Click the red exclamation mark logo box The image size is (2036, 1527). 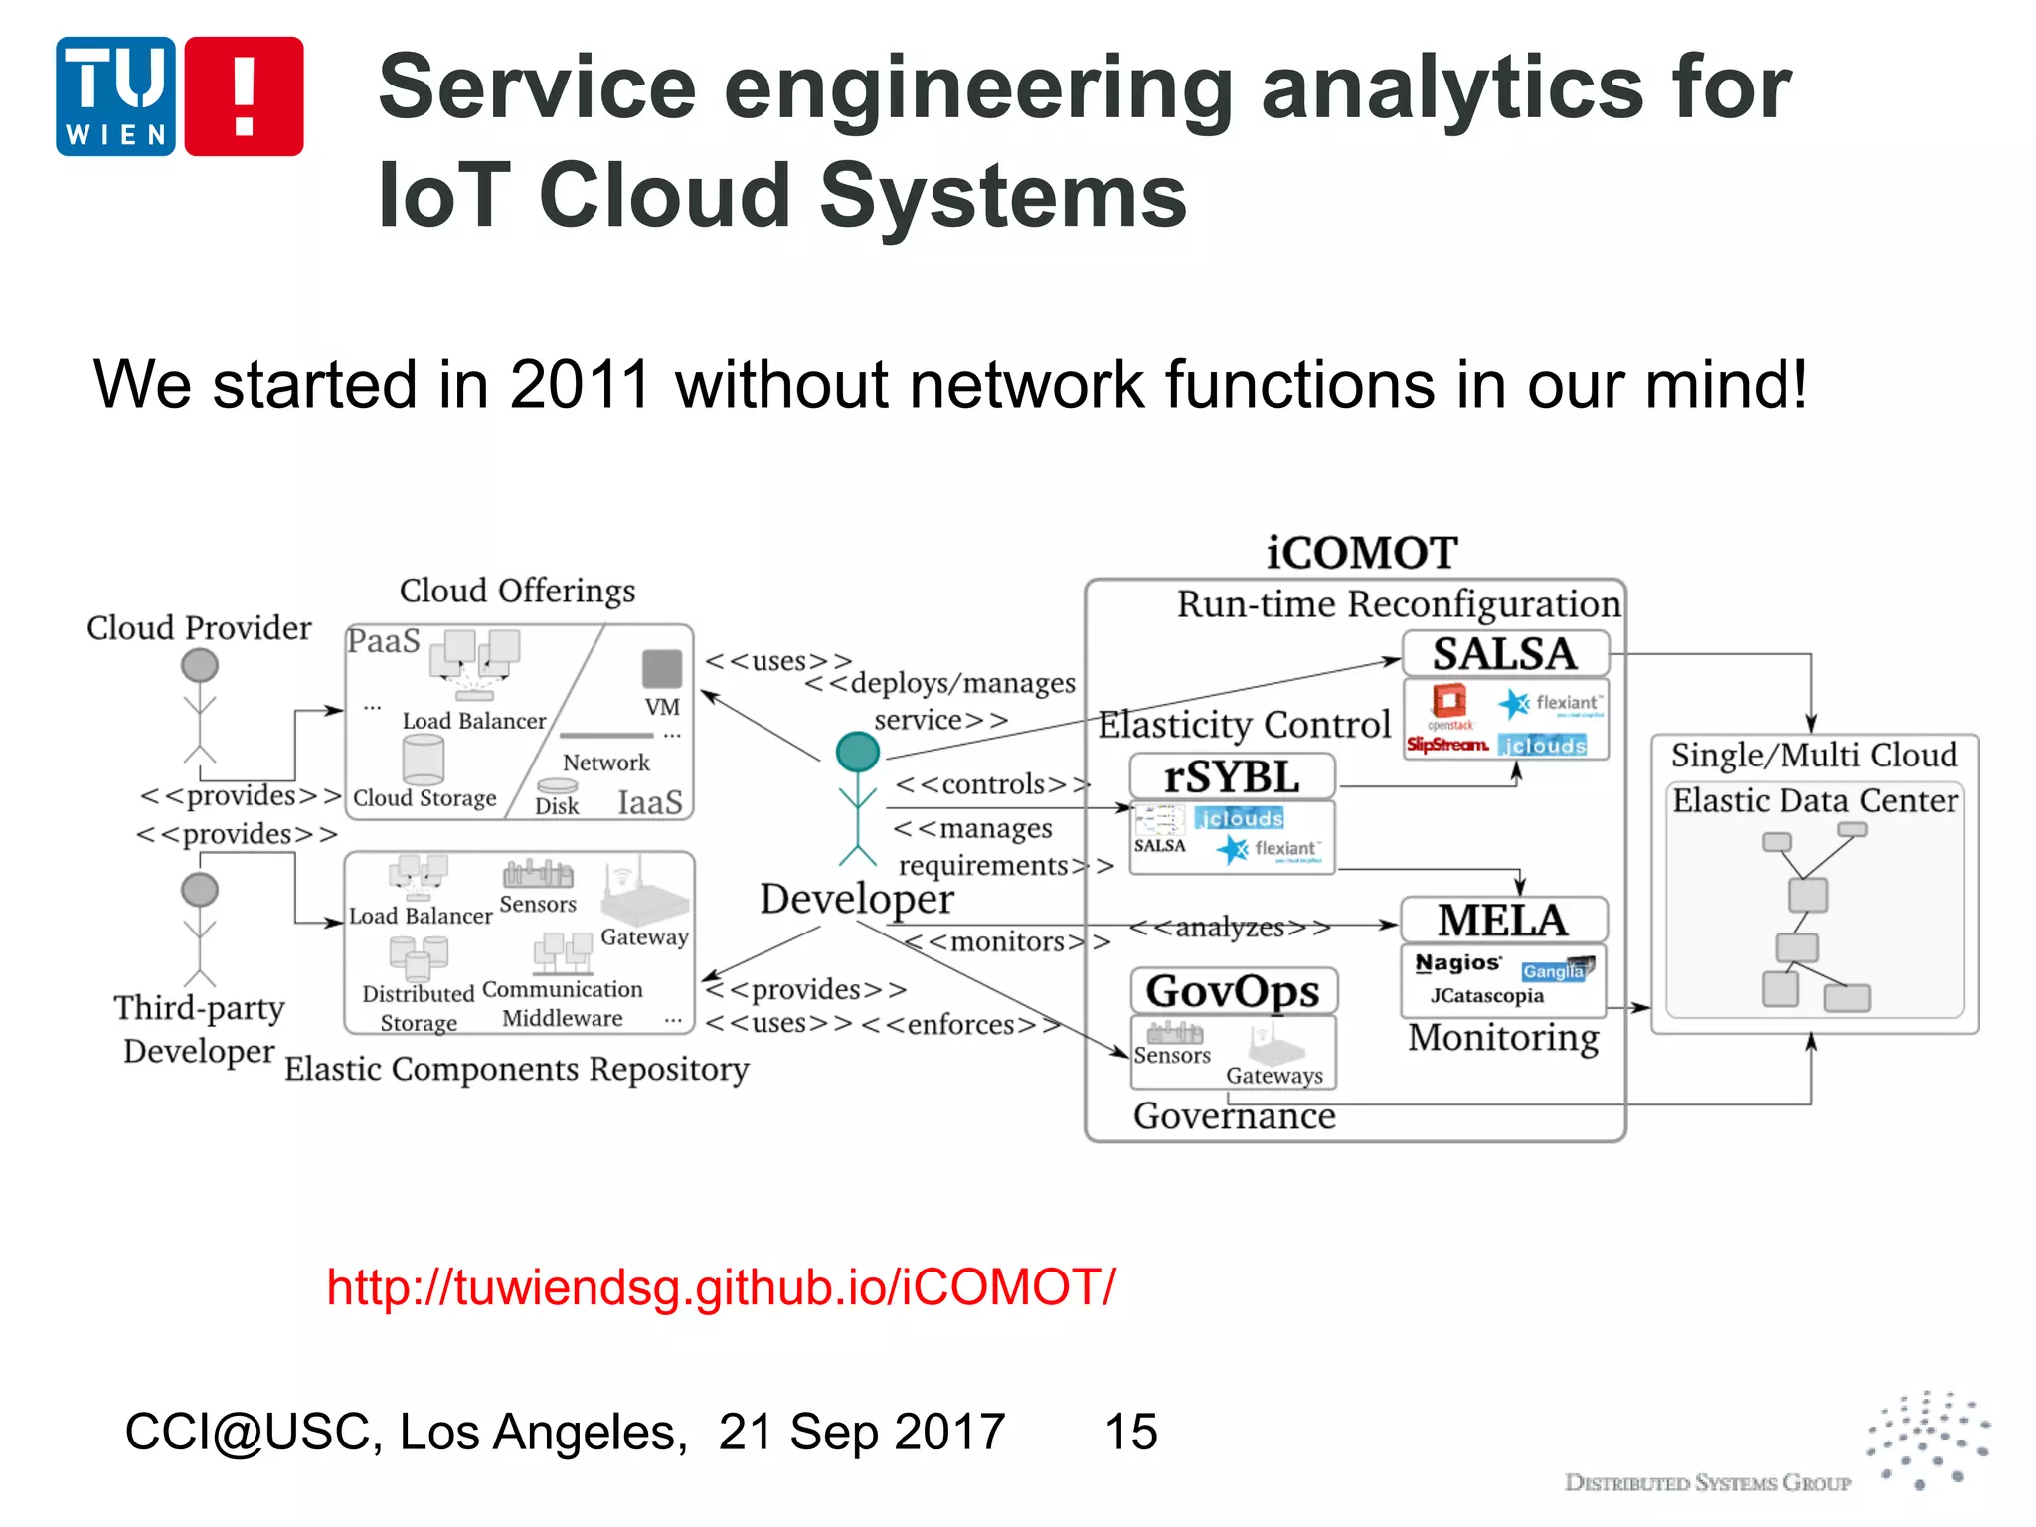point(244,96)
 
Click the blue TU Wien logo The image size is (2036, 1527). point(116,96)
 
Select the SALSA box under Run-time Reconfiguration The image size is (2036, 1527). point(1504,654)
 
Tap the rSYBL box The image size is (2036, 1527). point(1232,776)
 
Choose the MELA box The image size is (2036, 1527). point(1502,920)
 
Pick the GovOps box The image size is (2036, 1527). point(1233,991)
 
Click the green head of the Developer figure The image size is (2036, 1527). point(857,752)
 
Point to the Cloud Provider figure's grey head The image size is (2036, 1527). point(200,665)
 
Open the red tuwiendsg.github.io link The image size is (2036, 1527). point(721,1286)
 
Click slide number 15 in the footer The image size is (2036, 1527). point(1130,1432)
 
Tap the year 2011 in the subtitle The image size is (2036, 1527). point(580,384)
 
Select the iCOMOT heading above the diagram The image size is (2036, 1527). point(1361,553)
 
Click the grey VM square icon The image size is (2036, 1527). point(662,669)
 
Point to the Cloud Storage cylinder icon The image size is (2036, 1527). point(424,762)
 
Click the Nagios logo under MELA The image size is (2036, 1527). point(1457,963)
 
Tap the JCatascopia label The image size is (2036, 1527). point(1486,996)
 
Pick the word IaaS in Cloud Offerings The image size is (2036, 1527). point(650,802)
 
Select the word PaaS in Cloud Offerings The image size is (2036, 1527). point(384,641)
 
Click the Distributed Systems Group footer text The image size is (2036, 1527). point(1707,1483)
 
